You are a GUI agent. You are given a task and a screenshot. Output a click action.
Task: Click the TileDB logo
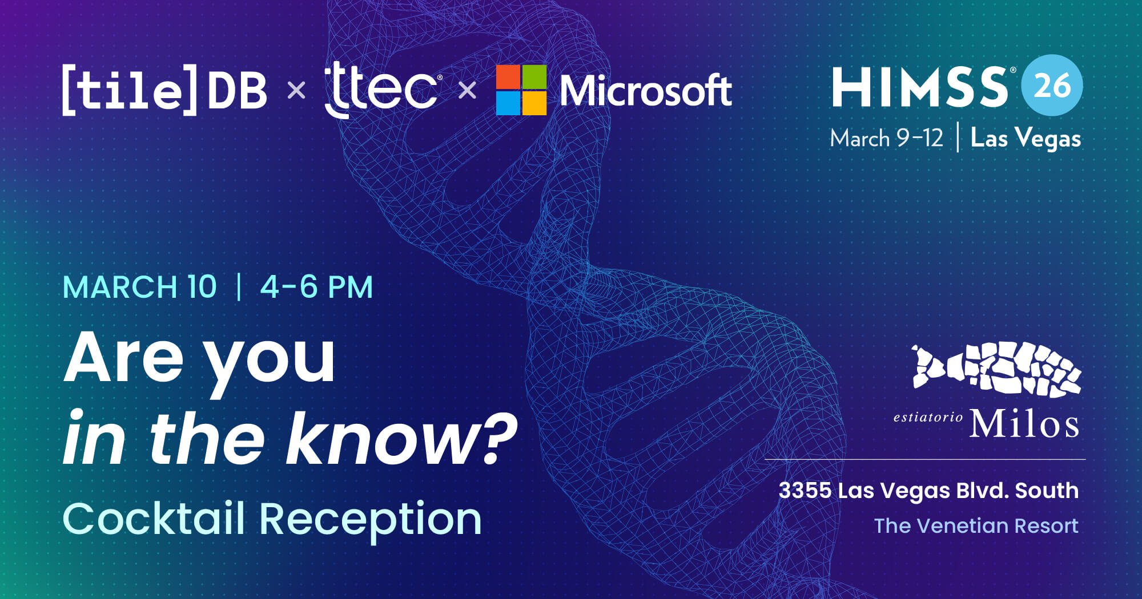click(x=164, y=90)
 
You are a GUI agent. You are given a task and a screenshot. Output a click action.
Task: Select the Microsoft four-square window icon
click(x=521, y=90)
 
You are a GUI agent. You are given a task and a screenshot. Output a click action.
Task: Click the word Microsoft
click(x=645, y=91)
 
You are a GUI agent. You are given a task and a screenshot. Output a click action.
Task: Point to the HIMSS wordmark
click(x=920, y=87)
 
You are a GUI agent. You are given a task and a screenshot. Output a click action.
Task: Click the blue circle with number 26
click(x=1052, y=86)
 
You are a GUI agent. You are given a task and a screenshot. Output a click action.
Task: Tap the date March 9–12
click(x=886, y=139)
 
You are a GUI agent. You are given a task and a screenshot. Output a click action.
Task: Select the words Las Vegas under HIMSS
click(x=1026, y=139)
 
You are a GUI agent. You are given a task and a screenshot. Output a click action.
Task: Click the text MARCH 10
click(x=140, y=287)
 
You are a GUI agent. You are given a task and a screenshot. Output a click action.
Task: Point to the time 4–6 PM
click(x=316, y=287)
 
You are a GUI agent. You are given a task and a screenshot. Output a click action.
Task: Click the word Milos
click(x=1024, y=424)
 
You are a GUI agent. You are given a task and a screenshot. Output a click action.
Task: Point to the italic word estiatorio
click(x=928, y=417)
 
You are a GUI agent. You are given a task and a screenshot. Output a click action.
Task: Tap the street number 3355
click(x=805, y=491)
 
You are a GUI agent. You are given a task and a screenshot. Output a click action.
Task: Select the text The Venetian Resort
click(x=976, y=526)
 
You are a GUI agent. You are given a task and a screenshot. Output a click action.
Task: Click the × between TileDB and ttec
click(x=296, y=90)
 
